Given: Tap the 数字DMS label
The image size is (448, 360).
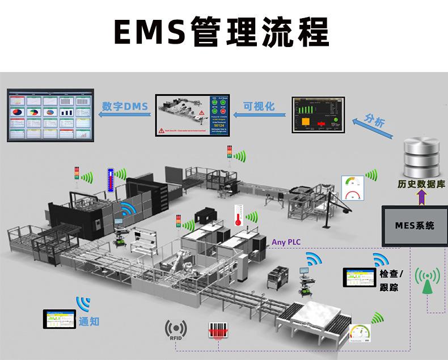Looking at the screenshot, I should [x=125, y=106].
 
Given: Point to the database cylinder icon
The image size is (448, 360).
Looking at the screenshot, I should [x=421, y=156].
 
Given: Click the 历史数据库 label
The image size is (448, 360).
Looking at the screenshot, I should [x=421, y=184].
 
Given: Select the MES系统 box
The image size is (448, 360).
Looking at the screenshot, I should [x=415, y=225].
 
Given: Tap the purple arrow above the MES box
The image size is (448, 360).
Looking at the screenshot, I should [x=421, y=197].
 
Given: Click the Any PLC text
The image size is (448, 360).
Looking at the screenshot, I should [x=286, y=242].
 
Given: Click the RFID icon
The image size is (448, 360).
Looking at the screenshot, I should [x=175, y=330].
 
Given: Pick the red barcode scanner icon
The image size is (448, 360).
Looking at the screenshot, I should [x=218, y=331].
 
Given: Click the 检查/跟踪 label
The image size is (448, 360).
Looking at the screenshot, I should [x=389, y=280].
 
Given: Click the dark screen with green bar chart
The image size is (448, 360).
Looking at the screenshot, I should [x=318, y=115].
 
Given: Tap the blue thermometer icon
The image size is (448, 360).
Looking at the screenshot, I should [x=111, y=180].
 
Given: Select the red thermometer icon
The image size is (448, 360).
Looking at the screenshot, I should [x=236, y=218].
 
